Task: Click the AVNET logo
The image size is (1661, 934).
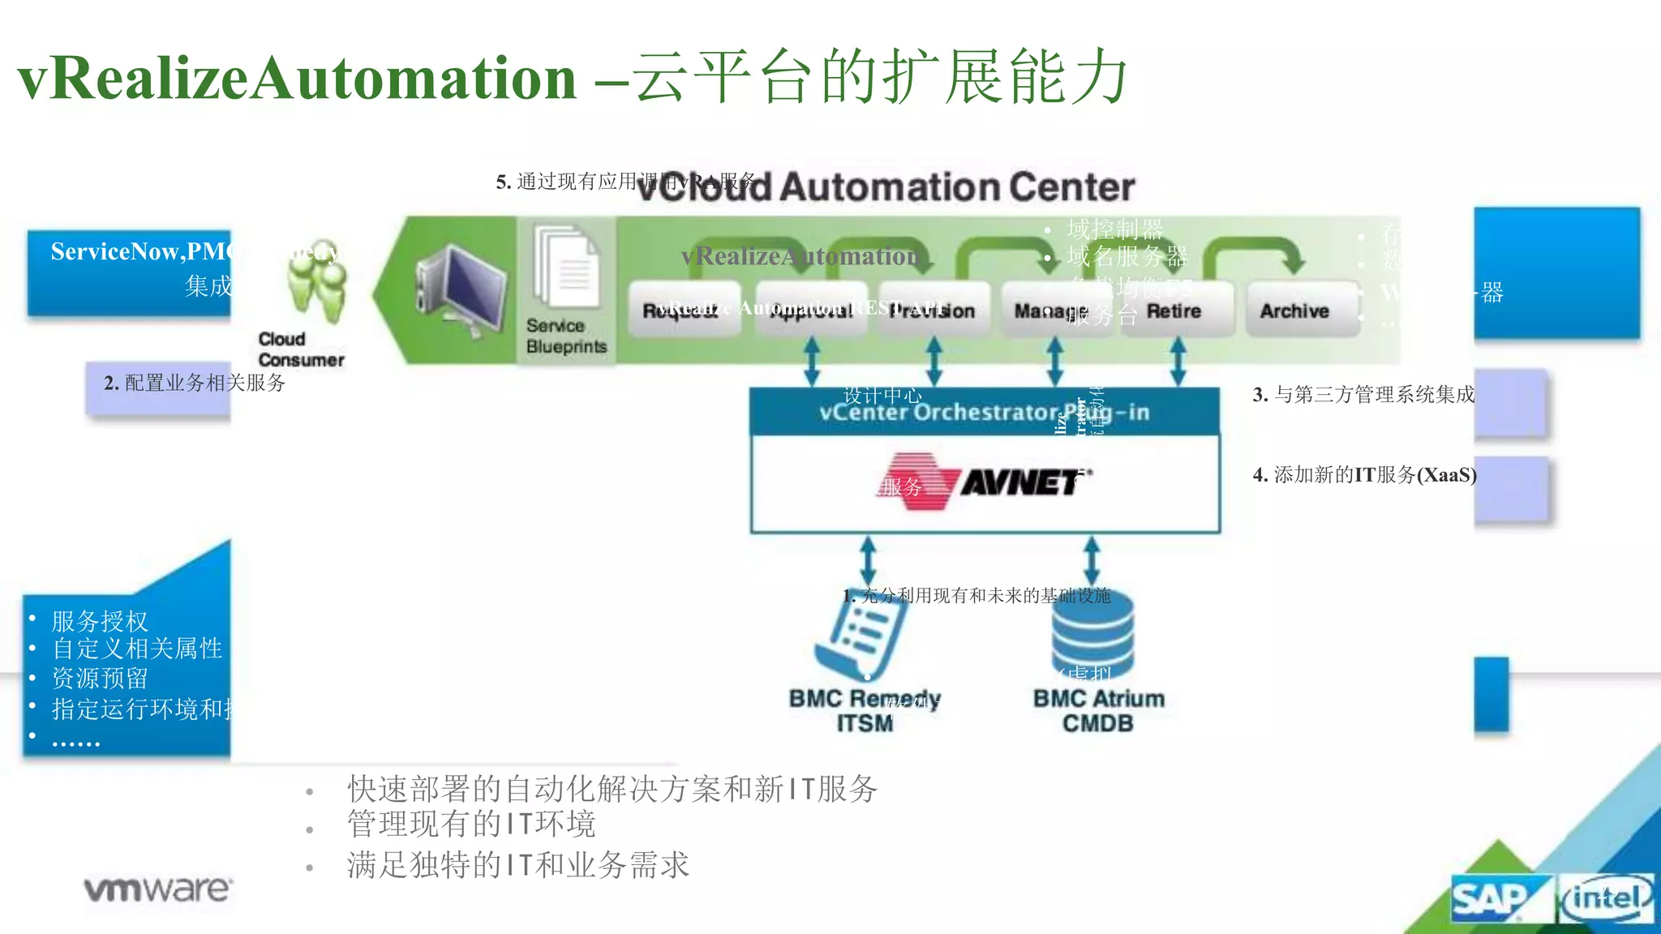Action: point(985,482)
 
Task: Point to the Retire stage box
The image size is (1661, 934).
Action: point(1174,311)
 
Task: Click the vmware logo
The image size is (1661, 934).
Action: point(158,889)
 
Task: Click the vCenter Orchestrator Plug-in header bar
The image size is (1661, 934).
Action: point(984,412)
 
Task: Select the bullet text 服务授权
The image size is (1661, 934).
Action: point(100,621)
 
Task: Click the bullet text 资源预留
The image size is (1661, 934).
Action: point(100,678)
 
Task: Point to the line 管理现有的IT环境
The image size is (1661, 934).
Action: point(471,825)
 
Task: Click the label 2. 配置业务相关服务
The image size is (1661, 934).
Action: point(195,383)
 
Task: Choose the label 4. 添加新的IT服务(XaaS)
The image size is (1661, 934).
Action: point(1364,475)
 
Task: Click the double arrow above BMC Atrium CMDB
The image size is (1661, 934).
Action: point(1091,559)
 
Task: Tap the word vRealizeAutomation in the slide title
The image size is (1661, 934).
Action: point(296,79)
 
